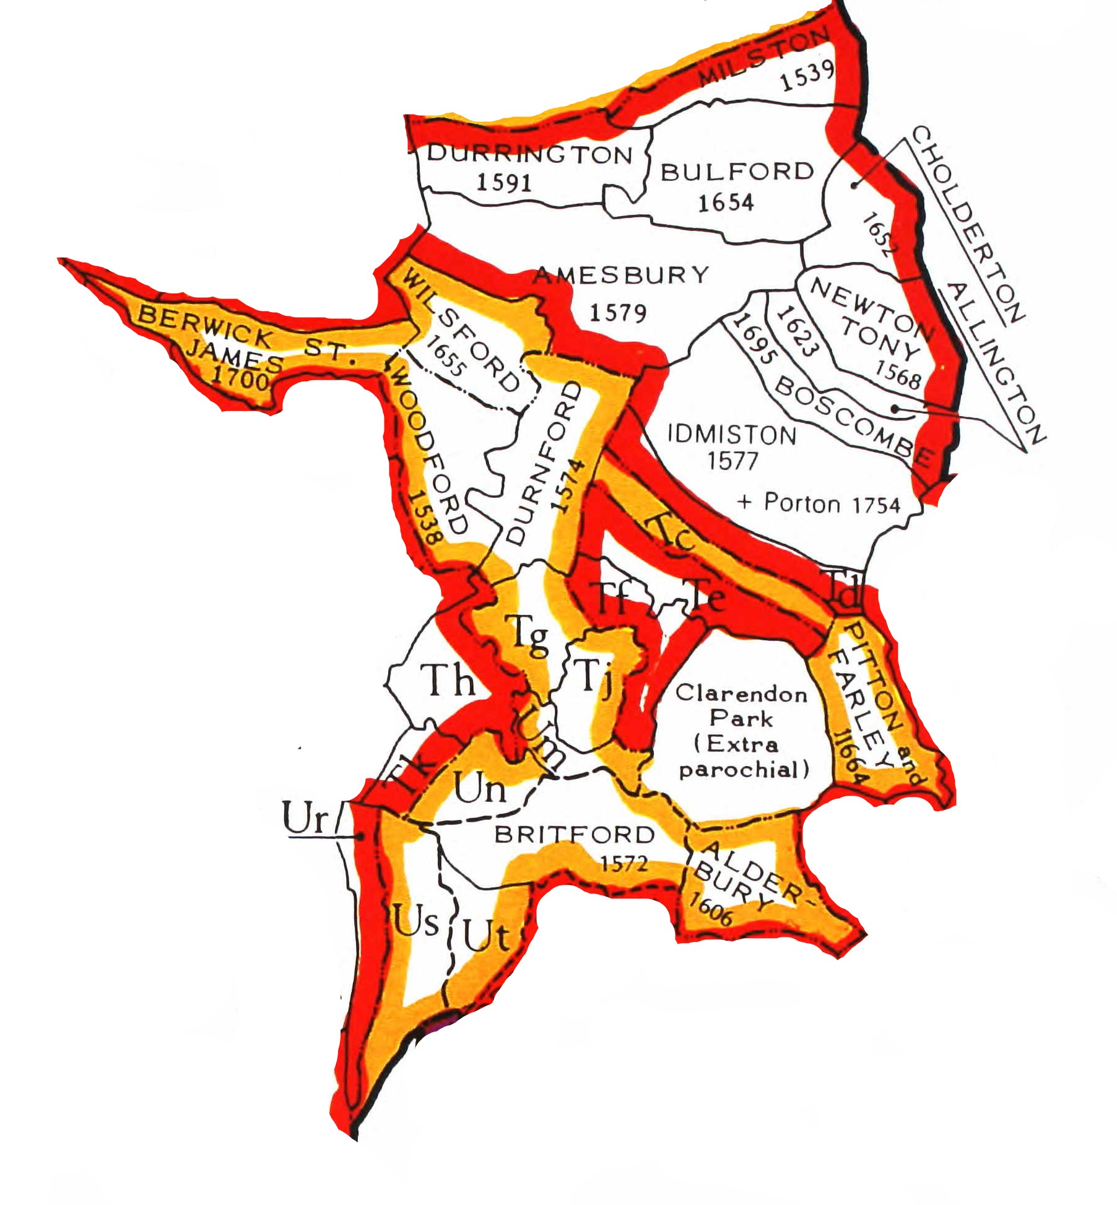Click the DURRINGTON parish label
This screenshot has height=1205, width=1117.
[530, 154]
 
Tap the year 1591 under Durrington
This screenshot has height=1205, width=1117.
[504, 183]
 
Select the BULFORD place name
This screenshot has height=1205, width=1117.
[737, 172]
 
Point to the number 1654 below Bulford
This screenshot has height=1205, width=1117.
[726, 202]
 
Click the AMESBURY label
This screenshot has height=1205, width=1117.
[621, 275]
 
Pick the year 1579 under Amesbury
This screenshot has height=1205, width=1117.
[617, 313]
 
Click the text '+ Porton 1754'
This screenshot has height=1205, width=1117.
[819, 503]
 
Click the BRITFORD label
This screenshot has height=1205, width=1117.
[574, 835]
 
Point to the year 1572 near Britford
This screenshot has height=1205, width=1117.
[624, 863]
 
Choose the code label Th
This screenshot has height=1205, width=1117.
[448, 680]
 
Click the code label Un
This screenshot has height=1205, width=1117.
[480, 789]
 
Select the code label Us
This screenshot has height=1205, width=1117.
[416, 921]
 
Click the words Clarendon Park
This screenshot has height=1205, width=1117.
[741, 706]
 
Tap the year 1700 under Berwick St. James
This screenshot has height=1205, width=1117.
[241, 377]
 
